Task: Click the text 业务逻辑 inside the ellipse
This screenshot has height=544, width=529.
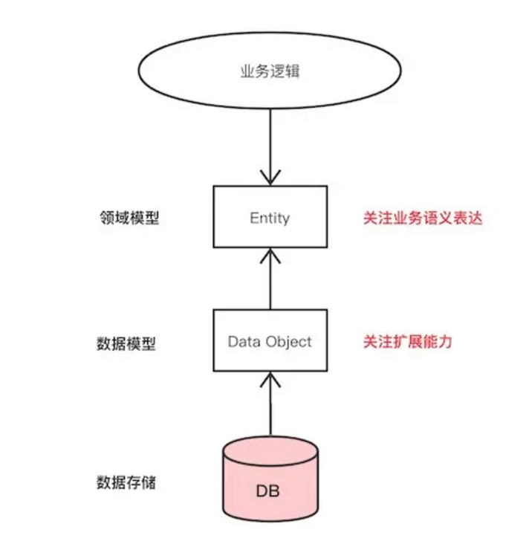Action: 270,72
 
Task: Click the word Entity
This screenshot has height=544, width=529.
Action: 270,218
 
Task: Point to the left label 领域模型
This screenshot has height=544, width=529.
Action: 127,218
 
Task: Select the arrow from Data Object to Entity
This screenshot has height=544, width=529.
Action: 270,282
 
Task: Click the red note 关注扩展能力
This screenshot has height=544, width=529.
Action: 407,342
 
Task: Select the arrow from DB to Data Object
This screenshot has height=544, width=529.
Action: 270,409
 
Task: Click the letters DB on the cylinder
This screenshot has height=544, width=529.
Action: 270,491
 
